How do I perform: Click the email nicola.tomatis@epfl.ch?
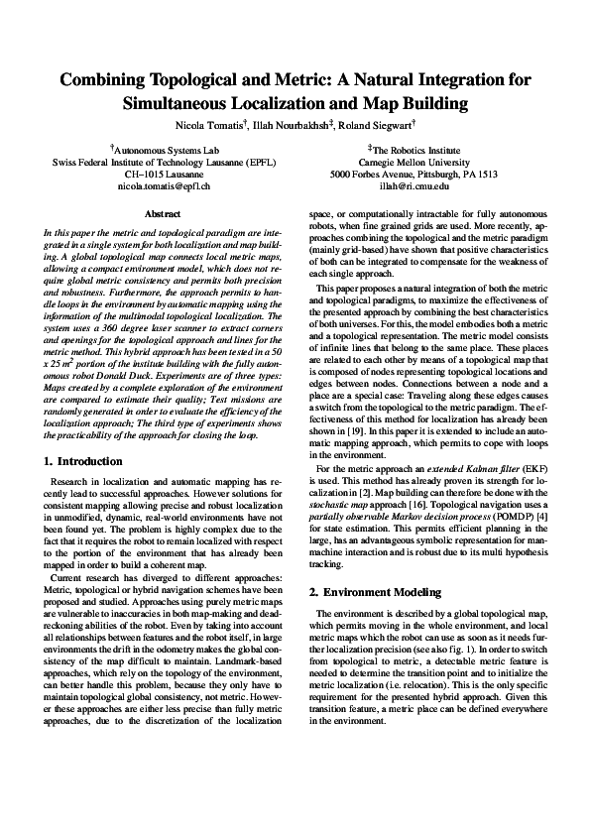point(165,185)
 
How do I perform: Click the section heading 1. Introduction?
point(84,462)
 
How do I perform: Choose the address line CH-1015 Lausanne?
point(165,174)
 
